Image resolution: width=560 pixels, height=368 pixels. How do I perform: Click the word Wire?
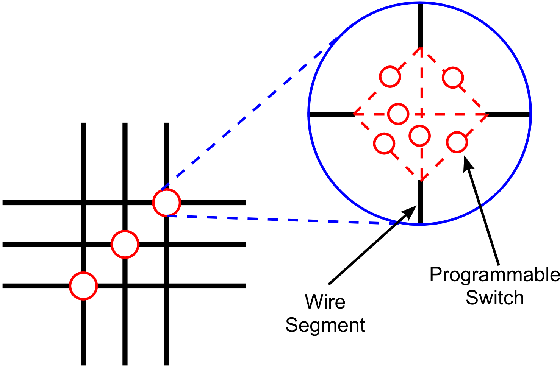coord(325,301)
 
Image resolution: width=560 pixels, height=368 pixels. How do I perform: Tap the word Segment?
coord(325,326)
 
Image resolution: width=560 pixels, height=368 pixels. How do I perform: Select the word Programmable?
coord(494,275)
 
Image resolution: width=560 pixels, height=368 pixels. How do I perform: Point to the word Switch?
coord(495,298)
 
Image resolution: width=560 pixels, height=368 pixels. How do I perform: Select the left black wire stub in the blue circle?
coord(332,114)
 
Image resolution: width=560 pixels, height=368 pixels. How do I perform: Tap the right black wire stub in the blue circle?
coord(508,114)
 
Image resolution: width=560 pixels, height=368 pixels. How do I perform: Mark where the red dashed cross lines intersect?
coord(421,114)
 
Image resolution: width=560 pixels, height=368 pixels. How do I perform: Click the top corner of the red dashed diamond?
coord(421,48)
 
